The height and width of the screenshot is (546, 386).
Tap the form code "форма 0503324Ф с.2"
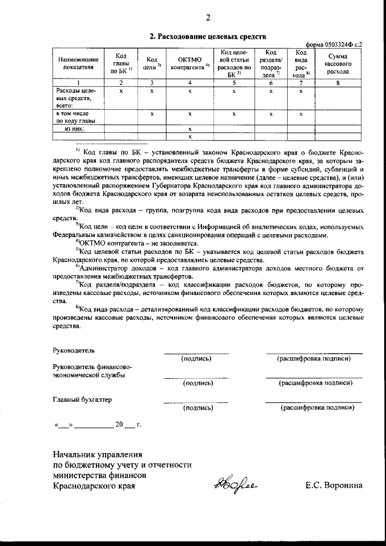tap(334, 45)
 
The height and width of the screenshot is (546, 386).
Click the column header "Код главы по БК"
tap(121, 63)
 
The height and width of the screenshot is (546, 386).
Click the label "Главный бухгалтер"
tap(82, 399)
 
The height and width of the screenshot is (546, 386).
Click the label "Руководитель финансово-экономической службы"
tap(89, 370)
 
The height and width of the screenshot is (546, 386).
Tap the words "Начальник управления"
tap(97, 454)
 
